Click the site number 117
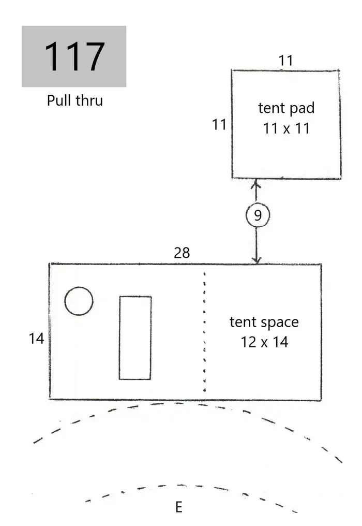click(x=74, y=56)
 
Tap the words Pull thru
click(x=75, y=100)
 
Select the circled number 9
click(x=258, y=215)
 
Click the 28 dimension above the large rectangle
click(x=182, y=253)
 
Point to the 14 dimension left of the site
click(x=36, y=339)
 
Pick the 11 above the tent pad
click(x=285, y=61)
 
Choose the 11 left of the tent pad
click(x=219, y=124)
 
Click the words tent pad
click(x=286, y=108)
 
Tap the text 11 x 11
click(x=286, y=128)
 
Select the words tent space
click(x=264, y=323)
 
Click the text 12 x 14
click(x=264, y=342)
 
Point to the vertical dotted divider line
click(x=204, y=332)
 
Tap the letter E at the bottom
click(x=178, y=507)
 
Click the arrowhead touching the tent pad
click(x=256, y=183)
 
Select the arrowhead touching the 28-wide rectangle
click(x=257, y=260)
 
